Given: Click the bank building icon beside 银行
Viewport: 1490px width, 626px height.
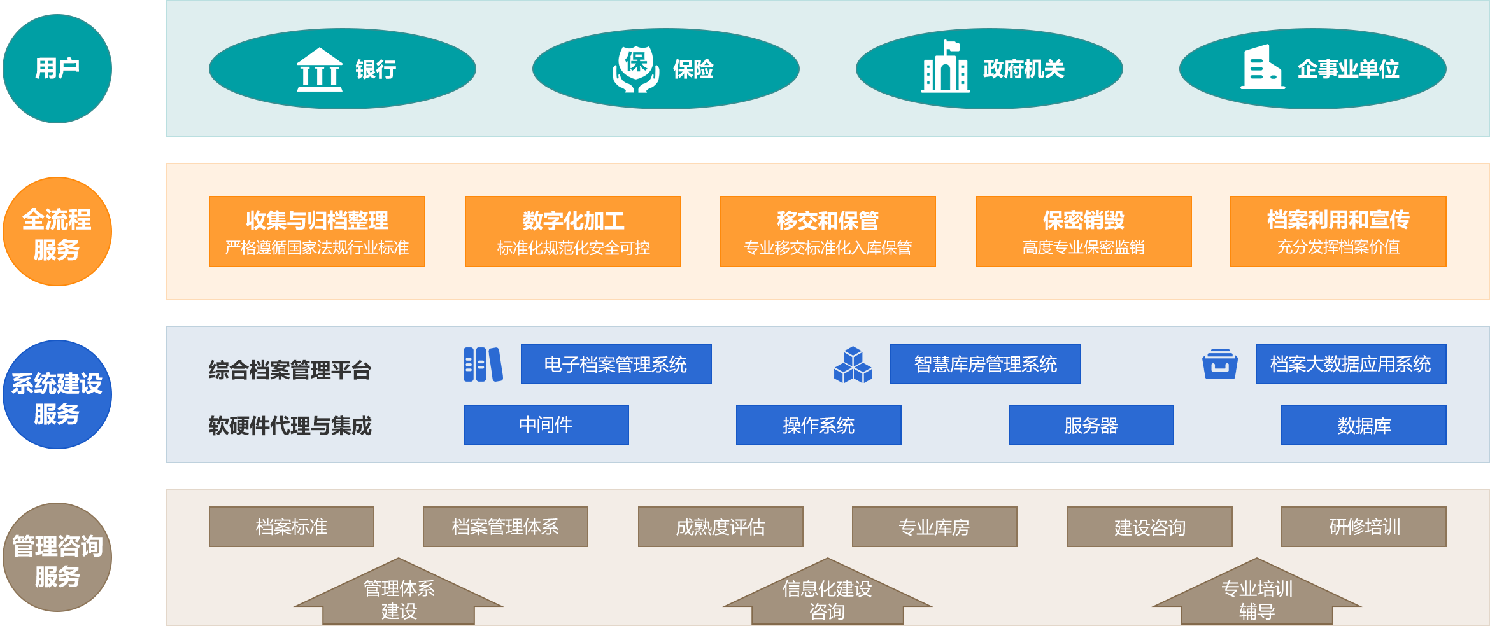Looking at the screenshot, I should tap(319, 69).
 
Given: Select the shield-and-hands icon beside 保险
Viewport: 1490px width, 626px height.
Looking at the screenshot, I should tap(635, 69).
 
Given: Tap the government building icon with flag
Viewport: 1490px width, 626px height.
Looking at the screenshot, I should tap(945, 67).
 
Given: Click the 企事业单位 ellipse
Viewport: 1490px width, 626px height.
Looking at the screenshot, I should tap(1312, 69).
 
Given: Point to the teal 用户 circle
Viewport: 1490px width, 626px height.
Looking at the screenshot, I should tap(57, 69).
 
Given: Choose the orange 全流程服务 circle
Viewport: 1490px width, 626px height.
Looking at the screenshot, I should tap(57, 232).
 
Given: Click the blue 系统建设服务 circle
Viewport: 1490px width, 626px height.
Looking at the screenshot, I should tap(57, 395).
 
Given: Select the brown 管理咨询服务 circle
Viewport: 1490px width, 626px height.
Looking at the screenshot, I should tap(57, 558).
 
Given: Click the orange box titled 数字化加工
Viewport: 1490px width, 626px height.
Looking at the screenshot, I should tap(572, 232).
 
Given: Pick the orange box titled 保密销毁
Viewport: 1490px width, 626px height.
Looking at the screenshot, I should tap(1083, 232).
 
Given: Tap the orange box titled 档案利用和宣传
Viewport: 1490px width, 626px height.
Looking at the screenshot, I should tap(1338, 232).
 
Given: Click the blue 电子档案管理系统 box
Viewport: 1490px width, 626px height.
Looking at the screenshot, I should tap(616, 364).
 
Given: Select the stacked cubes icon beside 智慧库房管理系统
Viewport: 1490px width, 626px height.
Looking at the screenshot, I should tap(853, 365).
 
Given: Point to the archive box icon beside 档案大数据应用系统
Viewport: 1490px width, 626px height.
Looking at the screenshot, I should tap(1219, 365).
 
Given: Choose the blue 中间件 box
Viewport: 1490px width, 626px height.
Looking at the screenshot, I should tap(546, 425).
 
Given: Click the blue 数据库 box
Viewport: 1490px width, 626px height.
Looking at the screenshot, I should tap(1363, 425).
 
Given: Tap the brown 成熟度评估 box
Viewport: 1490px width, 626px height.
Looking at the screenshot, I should tap(720, 527).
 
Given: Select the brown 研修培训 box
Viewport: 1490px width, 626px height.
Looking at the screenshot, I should tap(1363, 527).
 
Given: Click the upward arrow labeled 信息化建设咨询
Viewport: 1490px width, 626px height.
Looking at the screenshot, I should tap(827, 595).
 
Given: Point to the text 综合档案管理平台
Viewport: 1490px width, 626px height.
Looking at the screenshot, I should tap(290, 370).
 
